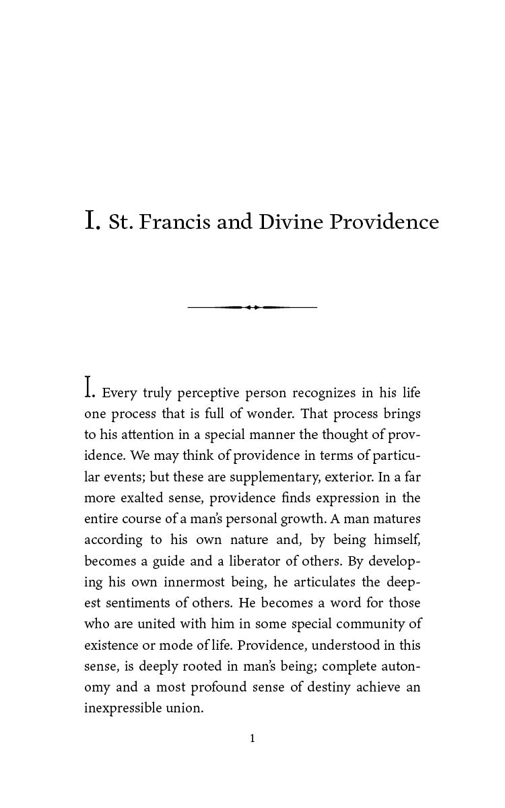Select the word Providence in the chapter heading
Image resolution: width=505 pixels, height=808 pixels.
pos(384,222)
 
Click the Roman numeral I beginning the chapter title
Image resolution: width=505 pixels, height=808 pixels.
pos(92,221)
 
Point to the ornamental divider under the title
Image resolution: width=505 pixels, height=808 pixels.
pos(252,307)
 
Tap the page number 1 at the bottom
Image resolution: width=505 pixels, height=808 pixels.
pos(252,739)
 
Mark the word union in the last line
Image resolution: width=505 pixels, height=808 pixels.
pos(187,708)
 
